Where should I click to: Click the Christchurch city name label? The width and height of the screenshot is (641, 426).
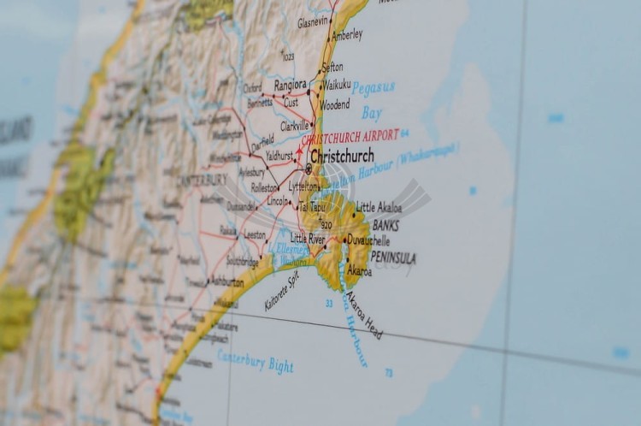point(342,156)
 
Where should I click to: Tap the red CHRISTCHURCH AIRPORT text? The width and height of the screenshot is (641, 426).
point(350,136)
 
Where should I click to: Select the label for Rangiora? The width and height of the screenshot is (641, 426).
point(290,86)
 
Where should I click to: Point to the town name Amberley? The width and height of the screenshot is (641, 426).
point(347,35)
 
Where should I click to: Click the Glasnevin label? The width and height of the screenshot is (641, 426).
point(313,22)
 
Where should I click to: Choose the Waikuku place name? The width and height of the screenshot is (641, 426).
point(336,85)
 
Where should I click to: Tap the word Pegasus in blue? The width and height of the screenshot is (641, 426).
point(373,87)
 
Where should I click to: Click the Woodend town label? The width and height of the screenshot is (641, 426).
point(335,104)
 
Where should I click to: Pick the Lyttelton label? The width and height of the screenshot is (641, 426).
point(303,186)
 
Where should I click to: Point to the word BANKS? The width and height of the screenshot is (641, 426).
point(385,226)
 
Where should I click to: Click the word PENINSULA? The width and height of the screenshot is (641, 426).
point(393,257)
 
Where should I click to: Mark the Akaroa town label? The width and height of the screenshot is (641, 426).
point(360,271)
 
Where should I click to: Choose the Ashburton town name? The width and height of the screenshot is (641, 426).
point(226,281)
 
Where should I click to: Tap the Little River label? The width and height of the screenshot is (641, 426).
point(308,238)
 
